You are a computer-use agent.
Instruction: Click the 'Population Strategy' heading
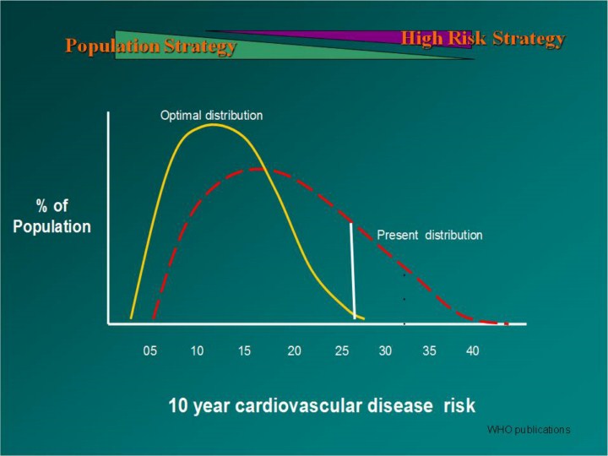pyautogui.click(x=150, y=46)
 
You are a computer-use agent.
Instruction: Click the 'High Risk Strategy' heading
pyautogui.click(x=482, y=38)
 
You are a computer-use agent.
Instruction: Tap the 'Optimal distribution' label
pyautogui.click(x=211, y=115)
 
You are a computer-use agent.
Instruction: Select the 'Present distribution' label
pyautogui.click(x=429, y=235)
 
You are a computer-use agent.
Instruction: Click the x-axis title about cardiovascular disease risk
pyautogui.click(x=322, y=405)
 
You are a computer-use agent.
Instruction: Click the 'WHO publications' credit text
pyautogui.click(x=529, y=430)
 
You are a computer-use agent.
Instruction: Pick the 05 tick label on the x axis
pyautogui.click(x=149, y=350)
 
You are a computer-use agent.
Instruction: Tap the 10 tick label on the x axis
pyautogui.click(x=197, y=350)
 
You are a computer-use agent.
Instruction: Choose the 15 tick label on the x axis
pyautogui.click(x=244, y=350)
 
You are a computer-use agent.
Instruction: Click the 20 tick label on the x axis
pyautogui.click(x=294, y=350)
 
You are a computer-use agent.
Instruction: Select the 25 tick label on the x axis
pyautogui.click(x=342, y=350)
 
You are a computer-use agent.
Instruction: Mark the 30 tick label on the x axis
pyautogui.click(x=385, y=350)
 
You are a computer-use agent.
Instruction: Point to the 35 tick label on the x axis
pyautogui.click(x=429, y=350)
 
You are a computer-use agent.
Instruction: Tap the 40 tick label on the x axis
pyautogui.click(x=472, y=350)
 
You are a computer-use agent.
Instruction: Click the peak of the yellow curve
pyautogui.click(x=213, y=125)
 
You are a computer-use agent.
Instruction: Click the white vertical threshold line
pyautogui.click(x=353, y=270)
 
